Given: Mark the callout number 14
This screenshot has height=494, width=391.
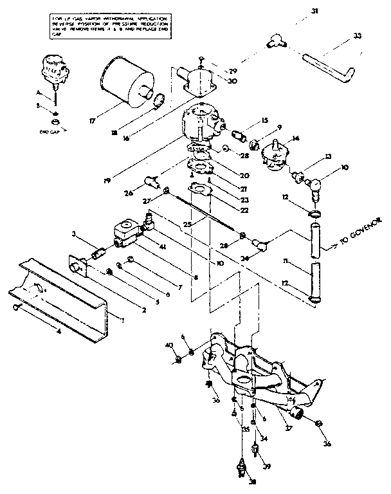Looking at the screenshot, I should pyautogui.click(x=296, y=138).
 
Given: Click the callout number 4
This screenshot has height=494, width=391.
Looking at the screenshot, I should pyautogui.click(x=59, y=333).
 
